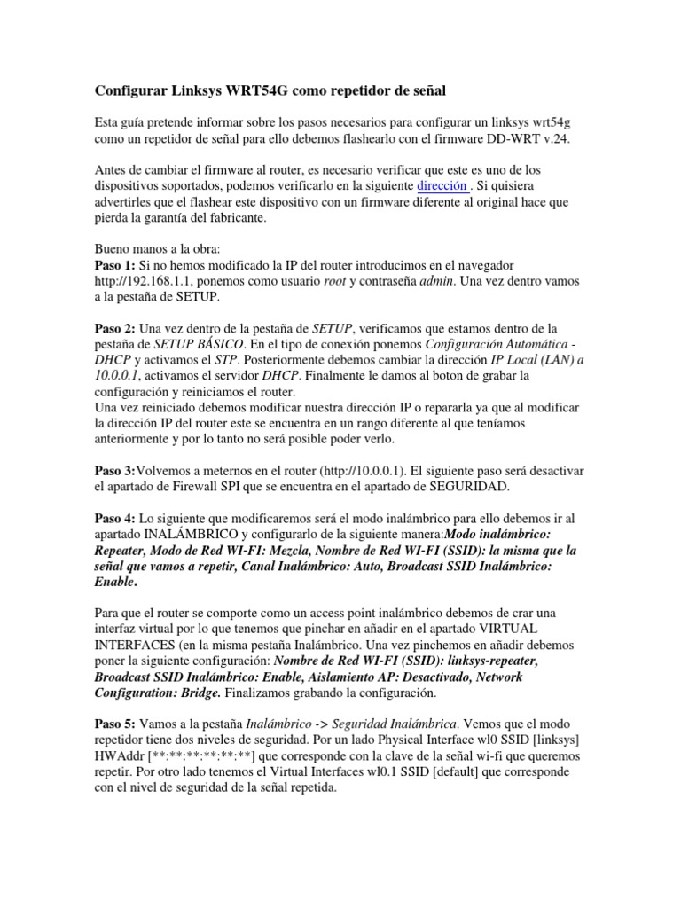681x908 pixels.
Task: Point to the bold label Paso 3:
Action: click(x=115, y=470)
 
